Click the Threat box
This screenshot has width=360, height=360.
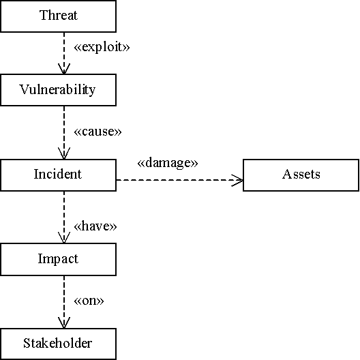(x=59, y=16)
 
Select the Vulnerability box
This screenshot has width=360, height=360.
(x=59, y=90)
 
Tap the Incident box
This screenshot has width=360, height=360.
(x=59, y=175)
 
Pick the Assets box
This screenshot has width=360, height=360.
(x=301, y=175)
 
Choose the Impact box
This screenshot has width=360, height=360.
(x=59, y=259)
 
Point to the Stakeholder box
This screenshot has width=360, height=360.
(x=59, y=344)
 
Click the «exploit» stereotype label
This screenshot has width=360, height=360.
(x=102, y=47)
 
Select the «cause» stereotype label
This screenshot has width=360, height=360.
(x=97, y=132)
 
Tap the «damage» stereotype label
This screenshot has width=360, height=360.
(x=168, y=163)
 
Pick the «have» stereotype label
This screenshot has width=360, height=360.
(x=95, y=226)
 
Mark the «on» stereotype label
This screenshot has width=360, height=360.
(x=89, y=301)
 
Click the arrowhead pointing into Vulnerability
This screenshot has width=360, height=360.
(x=64, y=69)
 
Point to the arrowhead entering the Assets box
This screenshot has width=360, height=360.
(x=237, y=180)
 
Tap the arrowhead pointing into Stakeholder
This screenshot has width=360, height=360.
(x=64, y=322)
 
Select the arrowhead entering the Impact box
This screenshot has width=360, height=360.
(x=64, y=238)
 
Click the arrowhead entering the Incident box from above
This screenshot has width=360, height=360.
(x=64, y=153)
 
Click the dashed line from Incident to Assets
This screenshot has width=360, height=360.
(x=179, y=180)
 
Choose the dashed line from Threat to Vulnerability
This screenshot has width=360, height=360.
(x=64, y=53)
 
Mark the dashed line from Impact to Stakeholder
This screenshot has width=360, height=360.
(x=64, y=302)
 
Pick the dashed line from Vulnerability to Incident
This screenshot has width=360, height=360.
(x=64, y=132)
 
